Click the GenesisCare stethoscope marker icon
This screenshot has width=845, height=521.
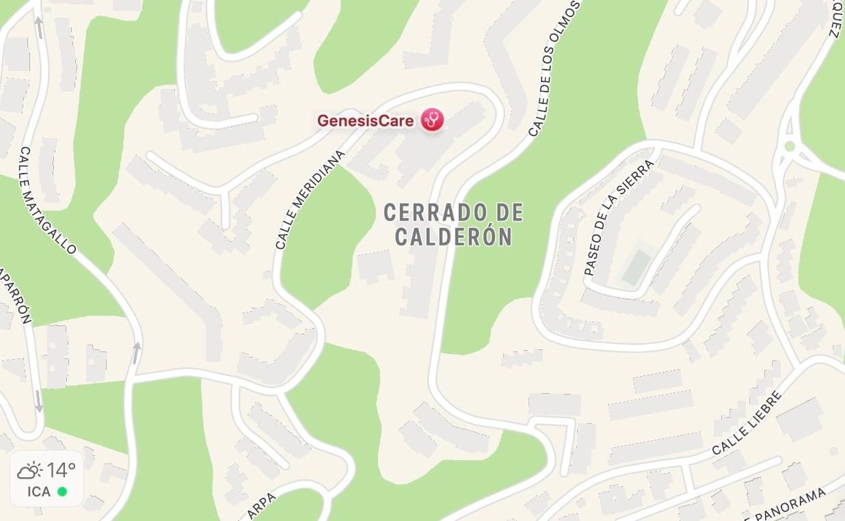click(x=432, y=120)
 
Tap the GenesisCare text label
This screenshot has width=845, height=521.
click(x=365, y=121)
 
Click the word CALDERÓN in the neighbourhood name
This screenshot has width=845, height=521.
click(x=454, y=237)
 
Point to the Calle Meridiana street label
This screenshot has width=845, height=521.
click(x=310, y=200)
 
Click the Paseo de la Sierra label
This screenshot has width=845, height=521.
click(x=619, y=217)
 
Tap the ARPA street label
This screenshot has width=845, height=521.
click(x=262, y=507)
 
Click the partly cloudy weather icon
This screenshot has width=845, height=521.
click(x=30, y=470)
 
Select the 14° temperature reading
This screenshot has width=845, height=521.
click(x=62, y=470)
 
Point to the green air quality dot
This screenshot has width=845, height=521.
click(x=62, y=492)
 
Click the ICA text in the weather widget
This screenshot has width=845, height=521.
click(x=39, y=492)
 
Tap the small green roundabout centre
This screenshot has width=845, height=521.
click(x=790, y=146)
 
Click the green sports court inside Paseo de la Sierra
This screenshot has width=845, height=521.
click(x=636, y=266)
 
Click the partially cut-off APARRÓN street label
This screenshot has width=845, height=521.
click(x=18, y=294)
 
